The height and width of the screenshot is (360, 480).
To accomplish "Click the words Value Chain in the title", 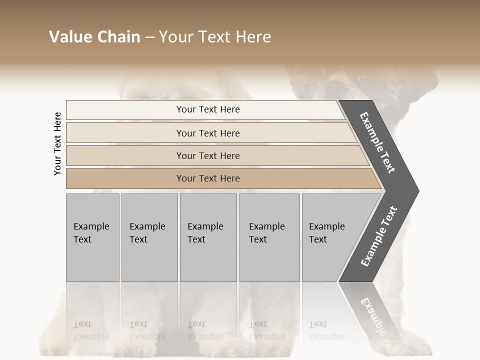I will pyautogui.click(x=94, y=37).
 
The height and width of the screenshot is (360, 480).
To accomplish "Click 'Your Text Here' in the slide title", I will pyautogui.click(x=215, y=37).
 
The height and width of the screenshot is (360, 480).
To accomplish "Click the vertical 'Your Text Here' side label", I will pyautogui.click(x=57, y=143).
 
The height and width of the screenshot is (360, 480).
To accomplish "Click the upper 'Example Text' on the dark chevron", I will pyautogui.click(x=378, y=142).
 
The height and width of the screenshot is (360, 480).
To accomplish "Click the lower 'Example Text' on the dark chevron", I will pyautogui.click(x=379, y=236).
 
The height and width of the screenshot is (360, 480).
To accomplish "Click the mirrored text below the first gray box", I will pyautogui.click(x=91, y=330).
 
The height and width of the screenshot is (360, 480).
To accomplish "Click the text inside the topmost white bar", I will pyautogui.click(x=208, y=109).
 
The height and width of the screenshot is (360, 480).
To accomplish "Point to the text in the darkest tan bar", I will pyautogui.click(x=208, y=178).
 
